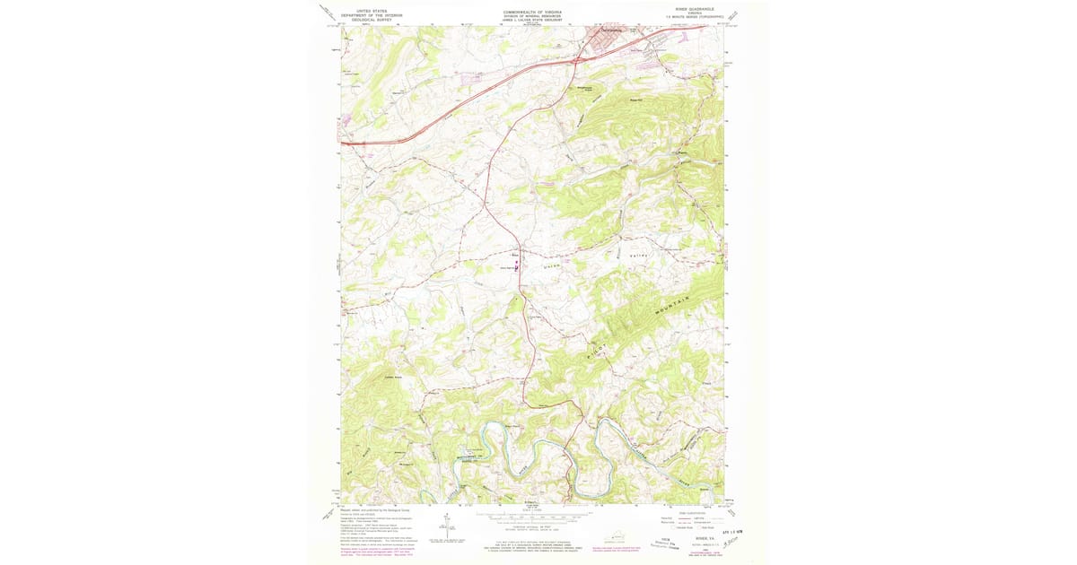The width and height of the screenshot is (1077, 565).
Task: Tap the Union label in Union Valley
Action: [552, 265]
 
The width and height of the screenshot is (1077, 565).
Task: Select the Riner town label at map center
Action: [517, 254]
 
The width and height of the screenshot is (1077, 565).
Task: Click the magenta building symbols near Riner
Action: [517, 265]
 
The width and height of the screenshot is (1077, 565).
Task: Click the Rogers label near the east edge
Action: [680, 152]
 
